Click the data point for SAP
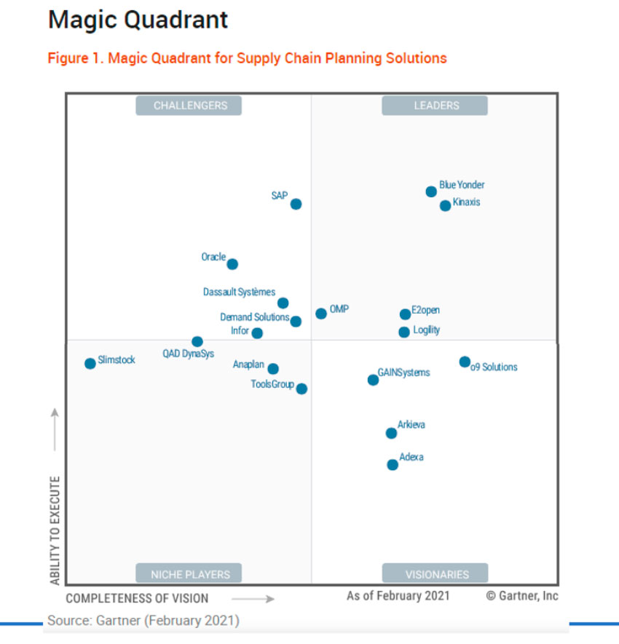[x=296, y=204]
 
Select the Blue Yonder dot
[x=431, y=191]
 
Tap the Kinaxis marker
[x=445, y=205]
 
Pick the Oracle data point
[x=232, y=264]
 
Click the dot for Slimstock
[x=90, y=363]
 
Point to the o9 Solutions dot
[x=465, y=362]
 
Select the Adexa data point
[x=393, y=464]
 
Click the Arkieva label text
[x=411, y=425]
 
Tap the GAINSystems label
[x=404, y=373]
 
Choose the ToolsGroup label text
[x=272, y=384]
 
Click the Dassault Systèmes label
[x=239, y=292]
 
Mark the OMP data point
[x=321, y=314]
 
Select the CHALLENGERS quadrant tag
[x=190, y=106]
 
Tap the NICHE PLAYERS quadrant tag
[x=190, y=574]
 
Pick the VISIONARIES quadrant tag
[x=436, y=574]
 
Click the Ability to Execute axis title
[x=55, y=531]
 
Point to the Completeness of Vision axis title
[x=137, y=599]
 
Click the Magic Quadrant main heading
[x=138, y=20]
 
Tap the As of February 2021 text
[x=398, y=596]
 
